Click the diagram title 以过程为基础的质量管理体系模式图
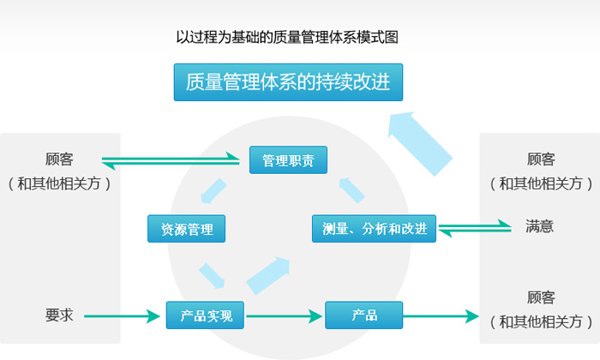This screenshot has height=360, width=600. coord(287,38)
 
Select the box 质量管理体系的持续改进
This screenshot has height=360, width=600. coord(288,82)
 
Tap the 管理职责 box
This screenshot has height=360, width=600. coord(288,160)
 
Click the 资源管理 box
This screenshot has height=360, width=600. coord(187,229)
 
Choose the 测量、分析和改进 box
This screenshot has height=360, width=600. coord(374,229)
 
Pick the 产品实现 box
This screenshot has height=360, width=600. coord(206,315)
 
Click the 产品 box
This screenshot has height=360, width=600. coord(364,315)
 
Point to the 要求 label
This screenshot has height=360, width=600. coord(59,315)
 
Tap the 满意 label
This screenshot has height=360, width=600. coord(539,227)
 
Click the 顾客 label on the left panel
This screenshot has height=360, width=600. coord(59,159)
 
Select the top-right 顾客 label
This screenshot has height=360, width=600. coord(541,159)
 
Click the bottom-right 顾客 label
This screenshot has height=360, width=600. coord(541,298)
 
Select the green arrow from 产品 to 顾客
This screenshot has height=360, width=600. coord(441,316)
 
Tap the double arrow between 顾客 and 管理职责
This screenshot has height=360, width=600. coord(171,160)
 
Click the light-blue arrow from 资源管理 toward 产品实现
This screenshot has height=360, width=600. coord(212,275)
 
